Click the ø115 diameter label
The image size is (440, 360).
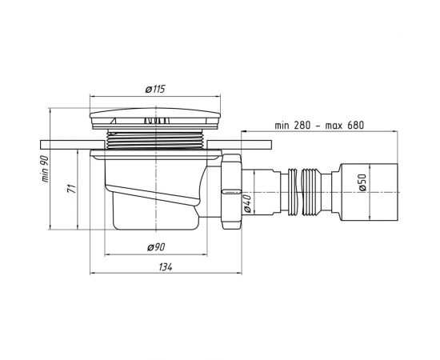tap(155, 90)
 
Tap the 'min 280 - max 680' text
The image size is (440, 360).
tap(319, 125)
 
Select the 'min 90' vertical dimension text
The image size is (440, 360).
tap(46, 169)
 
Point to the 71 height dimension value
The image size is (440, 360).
tap(72, 189)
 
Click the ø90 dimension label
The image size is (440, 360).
tap(156, 247)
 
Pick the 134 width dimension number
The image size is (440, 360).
tap(166, 267)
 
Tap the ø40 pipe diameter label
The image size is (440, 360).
tap(247, 203)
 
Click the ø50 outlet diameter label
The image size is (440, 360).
tap(362, 182)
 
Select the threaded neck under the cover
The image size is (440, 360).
tap(155, 139)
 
